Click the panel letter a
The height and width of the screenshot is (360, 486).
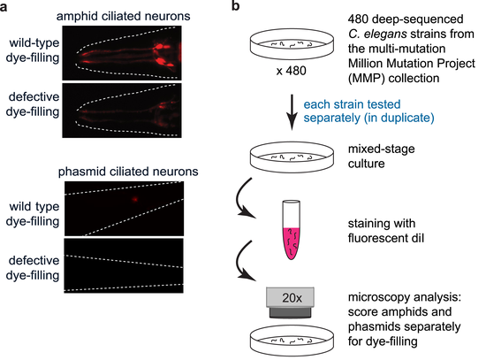[4, 6]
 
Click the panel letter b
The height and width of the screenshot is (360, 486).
[236, 5]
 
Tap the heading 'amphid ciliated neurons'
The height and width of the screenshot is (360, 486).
[124, 16]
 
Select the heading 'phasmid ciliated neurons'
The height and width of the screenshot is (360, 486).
[128, 172]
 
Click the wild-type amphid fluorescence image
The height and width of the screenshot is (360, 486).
[122, 53]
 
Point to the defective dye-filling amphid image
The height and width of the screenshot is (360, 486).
[122, 111]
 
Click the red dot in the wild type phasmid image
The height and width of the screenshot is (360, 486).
[135, 199]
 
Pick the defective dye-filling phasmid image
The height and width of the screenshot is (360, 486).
[124, 265]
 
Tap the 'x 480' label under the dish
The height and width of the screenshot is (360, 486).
[291, 71]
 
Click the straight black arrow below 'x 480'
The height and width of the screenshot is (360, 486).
[292, 111]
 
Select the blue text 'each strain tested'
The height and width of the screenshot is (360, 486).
[352, 104]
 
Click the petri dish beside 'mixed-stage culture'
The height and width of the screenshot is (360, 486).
[292, 157]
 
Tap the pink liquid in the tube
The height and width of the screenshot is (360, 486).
[291, 243]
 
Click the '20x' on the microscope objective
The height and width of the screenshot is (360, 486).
[292, 298]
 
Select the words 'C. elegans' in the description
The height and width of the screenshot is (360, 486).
[377, 34]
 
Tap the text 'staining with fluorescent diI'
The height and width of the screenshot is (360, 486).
[386, 231]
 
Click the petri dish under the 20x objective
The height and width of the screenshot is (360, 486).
[292, 340]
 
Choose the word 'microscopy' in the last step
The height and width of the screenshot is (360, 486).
[377, 297]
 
